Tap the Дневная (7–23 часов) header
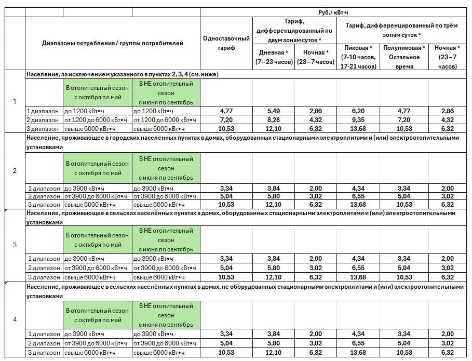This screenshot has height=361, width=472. coord(273,57)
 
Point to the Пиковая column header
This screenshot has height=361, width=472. coord(358,57)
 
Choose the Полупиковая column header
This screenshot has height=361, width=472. coord(404,57)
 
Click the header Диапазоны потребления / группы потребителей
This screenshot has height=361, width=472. coord(112,43)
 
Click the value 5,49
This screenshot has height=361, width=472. coord(273,111)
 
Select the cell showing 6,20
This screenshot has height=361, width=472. coord(358,111)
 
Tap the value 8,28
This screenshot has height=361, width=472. coord(273,119)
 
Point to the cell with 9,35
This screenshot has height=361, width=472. coord(358,119)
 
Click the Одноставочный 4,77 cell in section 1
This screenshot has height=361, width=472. coord(226,111)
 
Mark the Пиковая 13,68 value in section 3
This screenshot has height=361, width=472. coord(358,277)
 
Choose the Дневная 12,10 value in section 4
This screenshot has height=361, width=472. coord(273,353)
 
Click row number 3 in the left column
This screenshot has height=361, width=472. coord(15,245)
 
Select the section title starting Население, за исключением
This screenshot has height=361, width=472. coord(122,74)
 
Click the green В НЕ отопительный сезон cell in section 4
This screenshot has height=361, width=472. coord(166,315)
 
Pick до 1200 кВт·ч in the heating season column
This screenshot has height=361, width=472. coord(84,111)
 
